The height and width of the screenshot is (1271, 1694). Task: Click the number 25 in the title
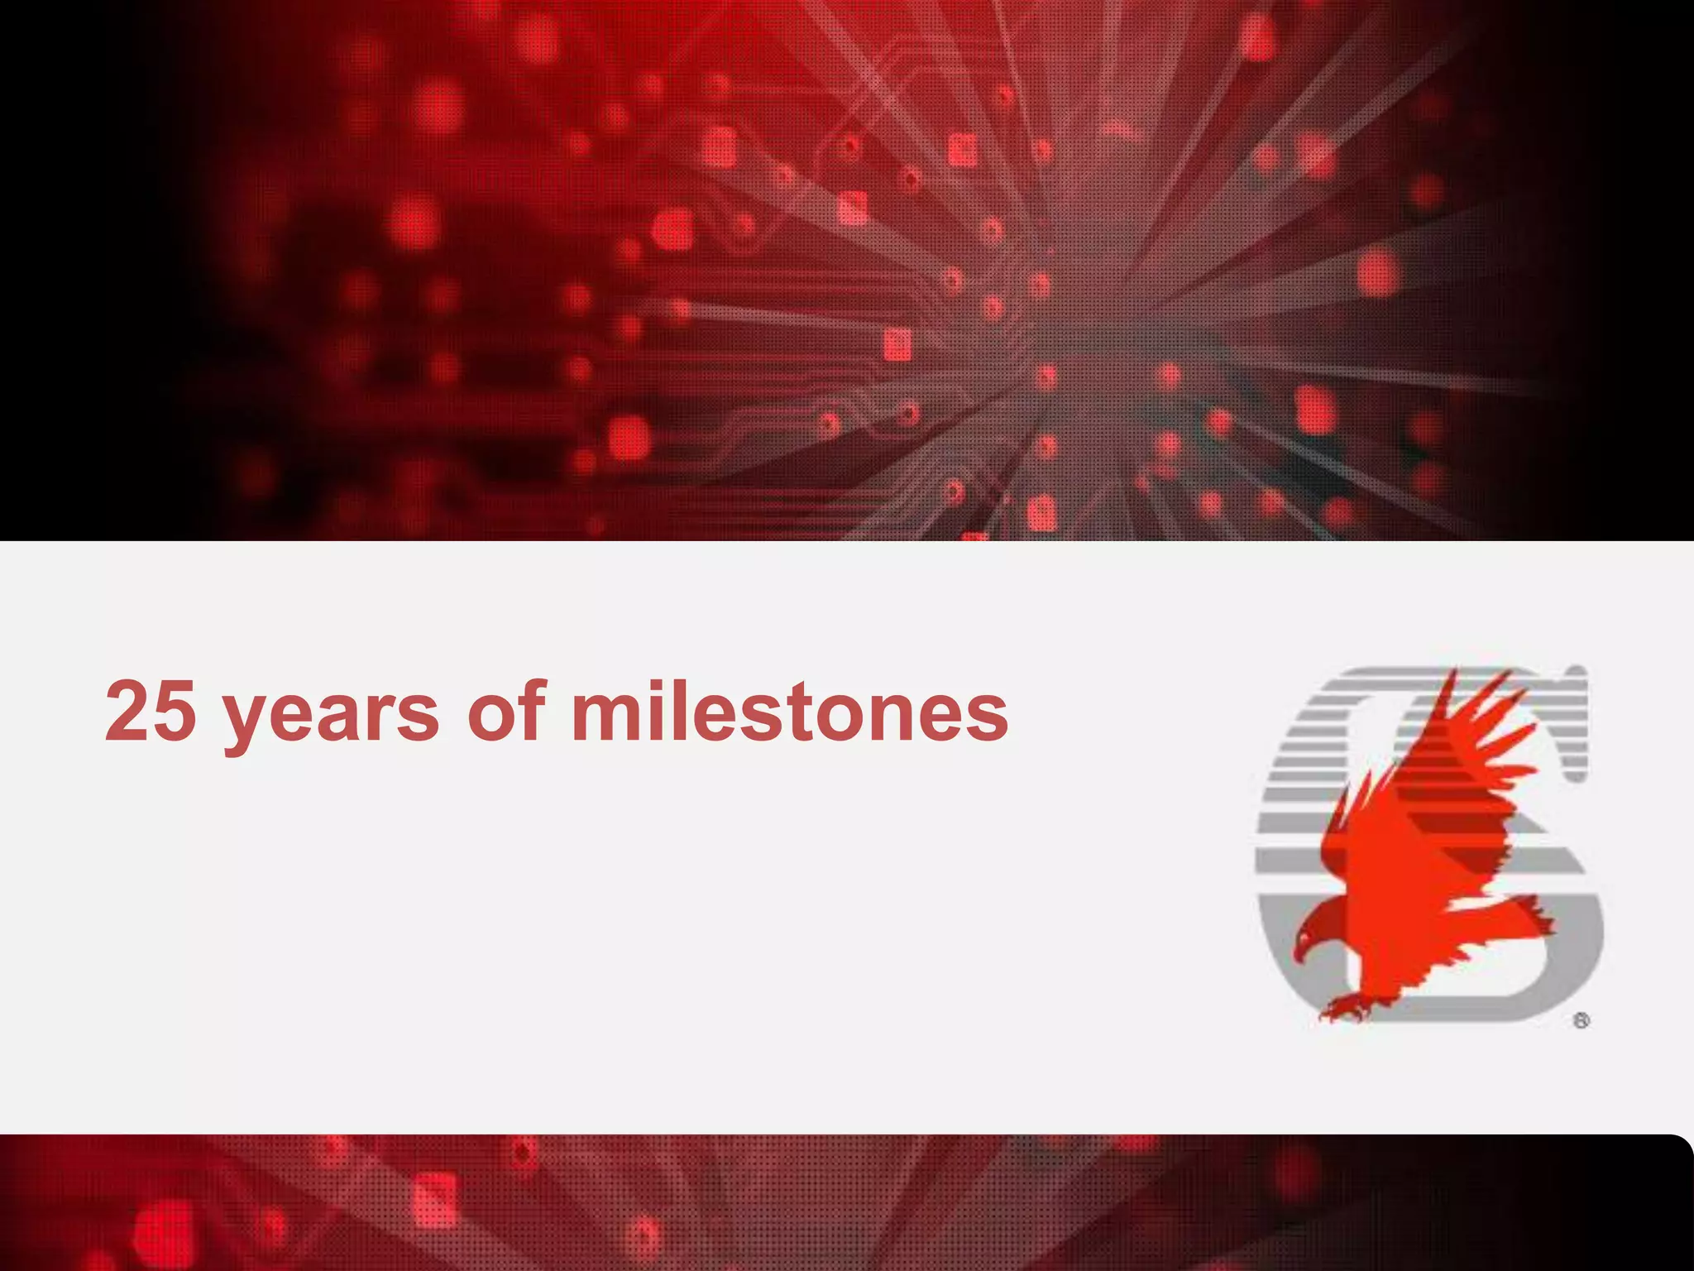pos(151,710)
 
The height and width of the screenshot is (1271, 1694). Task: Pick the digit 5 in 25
pos(175,710)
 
